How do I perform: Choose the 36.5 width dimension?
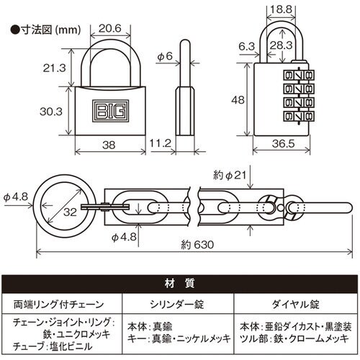tap(285, 145)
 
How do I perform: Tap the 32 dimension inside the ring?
tap(69, 212)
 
